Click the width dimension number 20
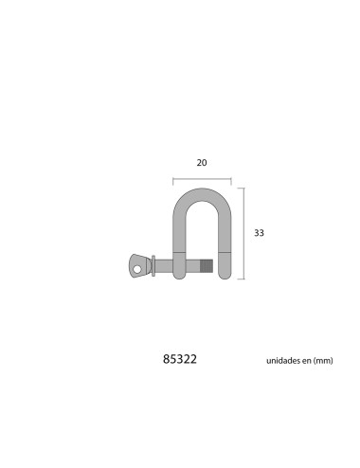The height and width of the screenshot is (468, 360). [202, 162]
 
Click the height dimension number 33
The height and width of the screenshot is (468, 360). [259, 232]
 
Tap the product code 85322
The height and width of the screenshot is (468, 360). [180, 361]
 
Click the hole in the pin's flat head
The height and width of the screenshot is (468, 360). [138, 267]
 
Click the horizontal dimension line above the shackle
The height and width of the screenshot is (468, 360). [202, 178]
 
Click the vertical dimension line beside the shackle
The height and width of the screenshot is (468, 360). [244, 233]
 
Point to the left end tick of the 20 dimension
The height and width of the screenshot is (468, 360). [172, 178]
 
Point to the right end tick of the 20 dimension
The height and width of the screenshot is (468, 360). [231, 178]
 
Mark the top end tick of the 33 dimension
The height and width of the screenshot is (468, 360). [244, 188]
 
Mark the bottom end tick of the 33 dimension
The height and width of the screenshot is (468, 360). [244, 279]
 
